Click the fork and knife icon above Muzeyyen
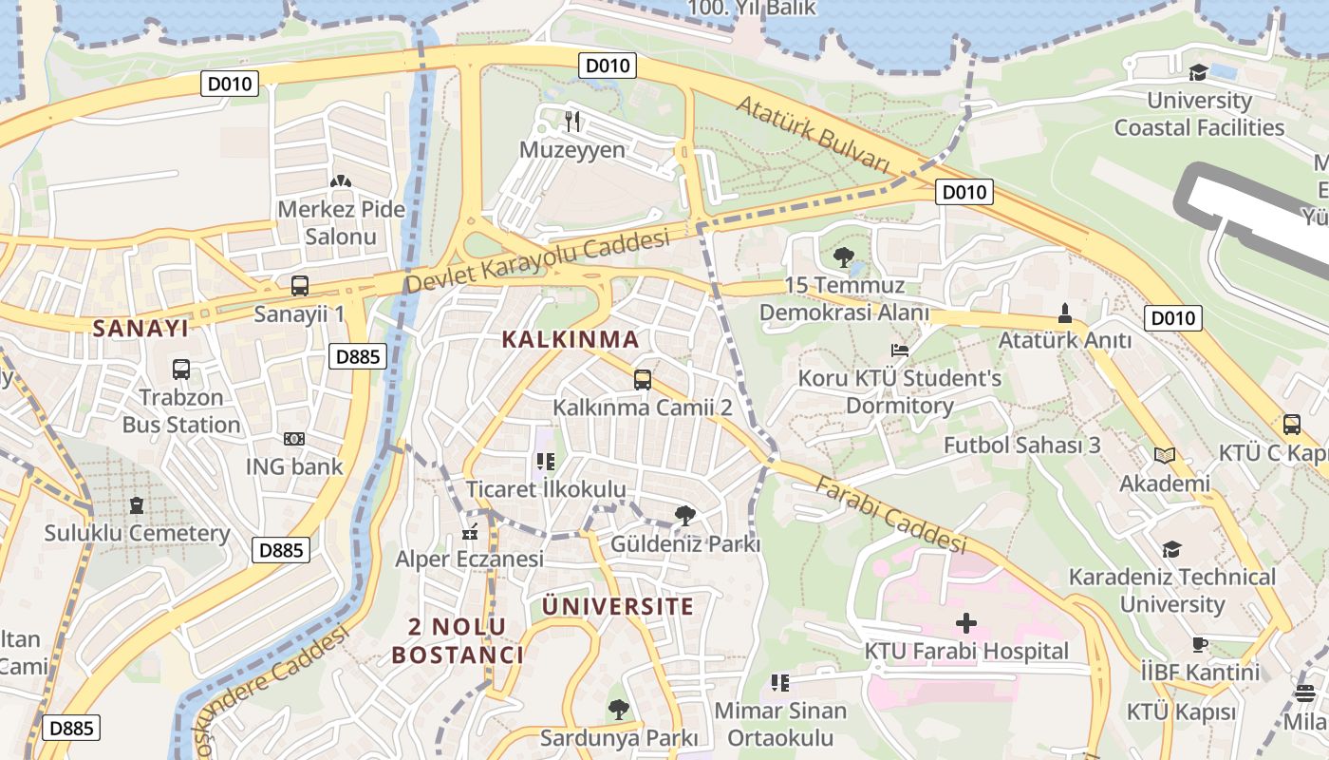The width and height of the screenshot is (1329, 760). tap(571, 121)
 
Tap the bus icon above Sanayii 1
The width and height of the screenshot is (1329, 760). tap(300, 285)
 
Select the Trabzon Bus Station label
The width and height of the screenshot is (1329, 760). tap(180, 410)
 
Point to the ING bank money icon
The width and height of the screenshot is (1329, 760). tap(294, 439)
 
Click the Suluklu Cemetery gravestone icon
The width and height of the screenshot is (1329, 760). tap(137, 504)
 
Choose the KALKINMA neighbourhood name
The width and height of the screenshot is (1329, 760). tap(570, 339)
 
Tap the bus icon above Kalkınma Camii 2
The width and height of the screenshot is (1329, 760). tap(643, 380)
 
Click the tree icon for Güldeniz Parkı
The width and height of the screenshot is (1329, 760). tap(685, 517)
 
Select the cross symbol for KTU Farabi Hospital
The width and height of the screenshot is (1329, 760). tap(966, 623)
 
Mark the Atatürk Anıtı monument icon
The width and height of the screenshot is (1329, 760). tap(1064, 312)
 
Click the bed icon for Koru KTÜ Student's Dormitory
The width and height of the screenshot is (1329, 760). tap(900, 351)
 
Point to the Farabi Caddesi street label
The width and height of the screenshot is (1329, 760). tap(890, 514)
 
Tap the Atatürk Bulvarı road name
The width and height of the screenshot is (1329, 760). tap(813, 134)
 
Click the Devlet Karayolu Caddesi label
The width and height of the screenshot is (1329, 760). tap(537, 262)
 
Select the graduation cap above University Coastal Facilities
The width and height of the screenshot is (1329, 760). tap(1198, 72)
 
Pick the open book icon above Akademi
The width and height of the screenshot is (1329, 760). tap(1165, 455)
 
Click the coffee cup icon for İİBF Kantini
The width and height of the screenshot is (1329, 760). tap(1200, 644)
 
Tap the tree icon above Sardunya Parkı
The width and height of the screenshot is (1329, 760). tap(619, 709)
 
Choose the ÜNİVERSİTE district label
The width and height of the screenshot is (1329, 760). tap(617, 606)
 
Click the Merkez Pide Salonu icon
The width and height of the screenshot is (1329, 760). tap(340, 180)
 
